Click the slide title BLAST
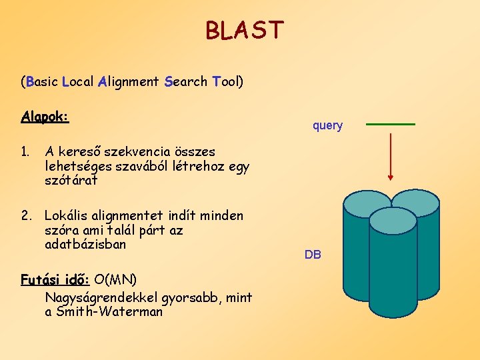tap(244, 31)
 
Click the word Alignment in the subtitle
tap(127, 82)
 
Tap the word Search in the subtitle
tap(185, 82)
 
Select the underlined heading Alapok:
tap(45, 117)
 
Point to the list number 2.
tap(26, 215)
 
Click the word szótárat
tap(71, 180)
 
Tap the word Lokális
tap(68, 215)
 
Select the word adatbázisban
tap(85, 244)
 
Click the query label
tap(327, 125)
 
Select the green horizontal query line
tap(391, 125)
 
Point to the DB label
tap(313, 255)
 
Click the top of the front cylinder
tap(392, 221)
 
